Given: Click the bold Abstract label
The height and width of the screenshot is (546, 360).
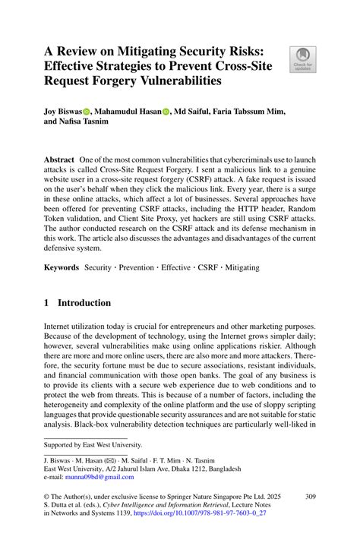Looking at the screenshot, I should pyautogui.click(x=58, y=163).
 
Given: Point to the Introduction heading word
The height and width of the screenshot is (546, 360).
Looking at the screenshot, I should pyautogui.click(x=86, y=302).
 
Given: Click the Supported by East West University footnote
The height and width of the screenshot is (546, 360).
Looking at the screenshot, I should pyautogui.click(x=93, y=445).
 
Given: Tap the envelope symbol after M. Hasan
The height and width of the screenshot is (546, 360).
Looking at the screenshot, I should pyautogui.click(x=123, y=460).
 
